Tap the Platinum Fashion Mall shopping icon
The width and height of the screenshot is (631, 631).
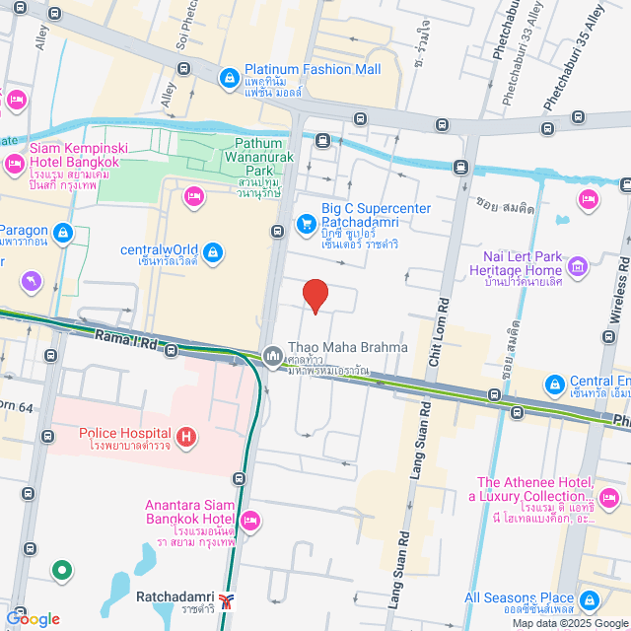[x=229, y=77]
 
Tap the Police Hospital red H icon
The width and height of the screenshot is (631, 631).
[x=184, y=435]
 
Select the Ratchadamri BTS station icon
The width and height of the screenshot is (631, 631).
[x=228, y=600]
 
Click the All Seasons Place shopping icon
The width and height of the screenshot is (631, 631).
[x=590, y=599]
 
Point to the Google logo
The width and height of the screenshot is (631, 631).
[x=33, y=618]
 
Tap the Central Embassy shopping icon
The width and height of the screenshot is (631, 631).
[x=554, y=383]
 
